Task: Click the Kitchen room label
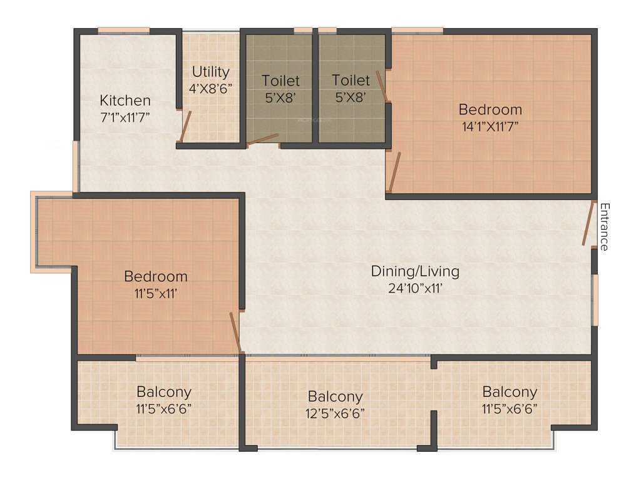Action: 125,100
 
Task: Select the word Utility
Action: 210,71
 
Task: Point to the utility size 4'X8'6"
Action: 210,88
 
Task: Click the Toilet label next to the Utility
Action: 280,81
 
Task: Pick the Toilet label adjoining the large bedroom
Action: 351,81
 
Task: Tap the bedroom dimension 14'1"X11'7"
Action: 490,126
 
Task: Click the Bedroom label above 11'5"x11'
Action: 155,276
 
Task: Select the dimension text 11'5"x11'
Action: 155,292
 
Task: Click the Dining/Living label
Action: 415,271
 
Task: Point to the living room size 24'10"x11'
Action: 415,288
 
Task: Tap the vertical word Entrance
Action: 604,227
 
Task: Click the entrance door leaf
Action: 588,223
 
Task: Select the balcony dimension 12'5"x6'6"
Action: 335,413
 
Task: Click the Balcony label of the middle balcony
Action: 335,397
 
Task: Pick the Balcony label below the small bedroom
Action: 164,392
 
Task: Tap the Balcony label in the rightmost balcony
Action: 510,392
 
